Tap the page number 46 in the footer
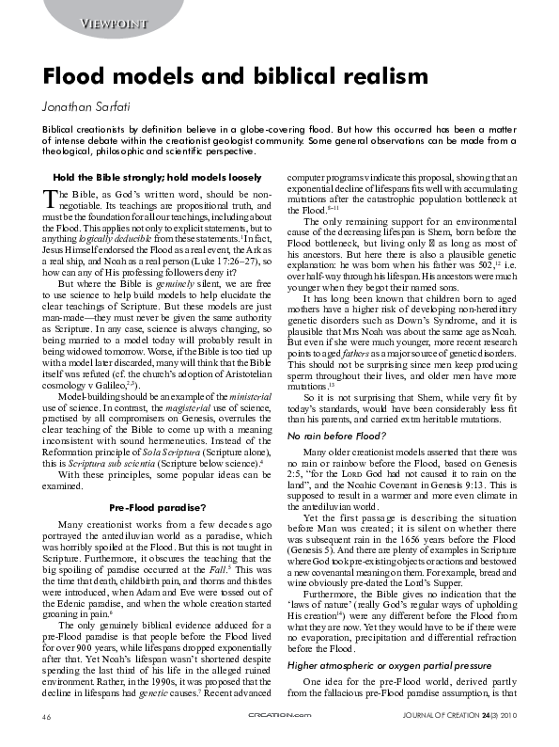coord(45,718)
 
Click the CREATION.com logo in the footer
coord(280,718)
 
